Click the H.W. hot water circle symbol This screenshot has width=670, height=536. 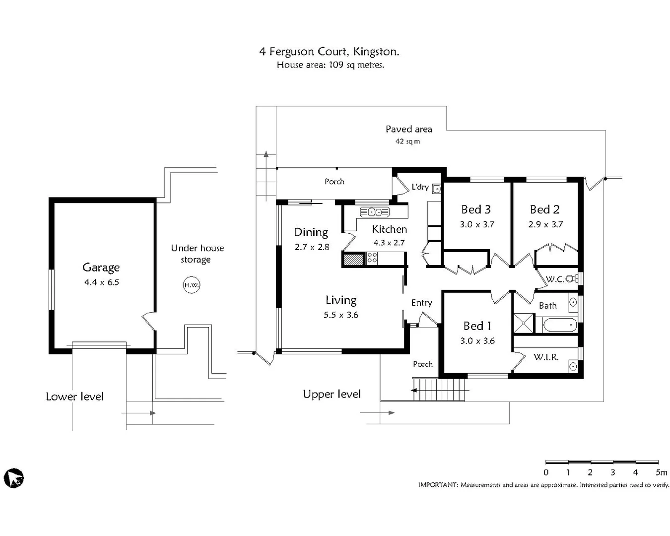[191, 285]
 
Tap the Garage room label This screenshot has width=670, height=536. [101, 268]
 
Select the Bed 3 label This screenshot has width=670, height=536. [476, 209]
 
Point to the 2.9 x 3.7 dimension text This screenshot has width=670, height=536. [545, 224]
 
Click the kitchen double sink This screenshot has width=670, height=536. [375, 212]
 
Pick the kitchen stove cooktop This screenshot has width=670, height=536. [372, 258]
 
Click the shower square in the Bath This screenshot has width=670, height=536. [523, 323]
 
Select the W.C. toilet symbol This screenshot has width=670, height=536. [572, 279]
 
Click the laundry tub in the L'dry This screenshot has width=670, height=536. [436, 189]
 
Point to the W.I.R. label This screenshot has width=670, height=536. [546, 357]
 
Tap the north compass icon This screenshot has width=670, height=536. [14, 478]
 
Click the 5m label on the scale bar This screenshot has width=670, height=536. [661, 472]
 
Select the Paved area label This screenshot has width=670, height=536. [408, 129]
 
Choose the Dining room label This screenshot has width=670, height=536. [311, 232]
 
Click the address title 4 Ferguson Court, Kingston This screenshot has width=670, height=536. [329, 52]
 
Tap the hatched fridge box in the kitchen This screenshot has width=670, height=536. [353, 259]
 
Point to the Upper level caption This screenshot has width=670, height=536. [332, 394]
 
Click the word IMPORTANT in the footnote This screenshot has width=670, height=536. [438, 485]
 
